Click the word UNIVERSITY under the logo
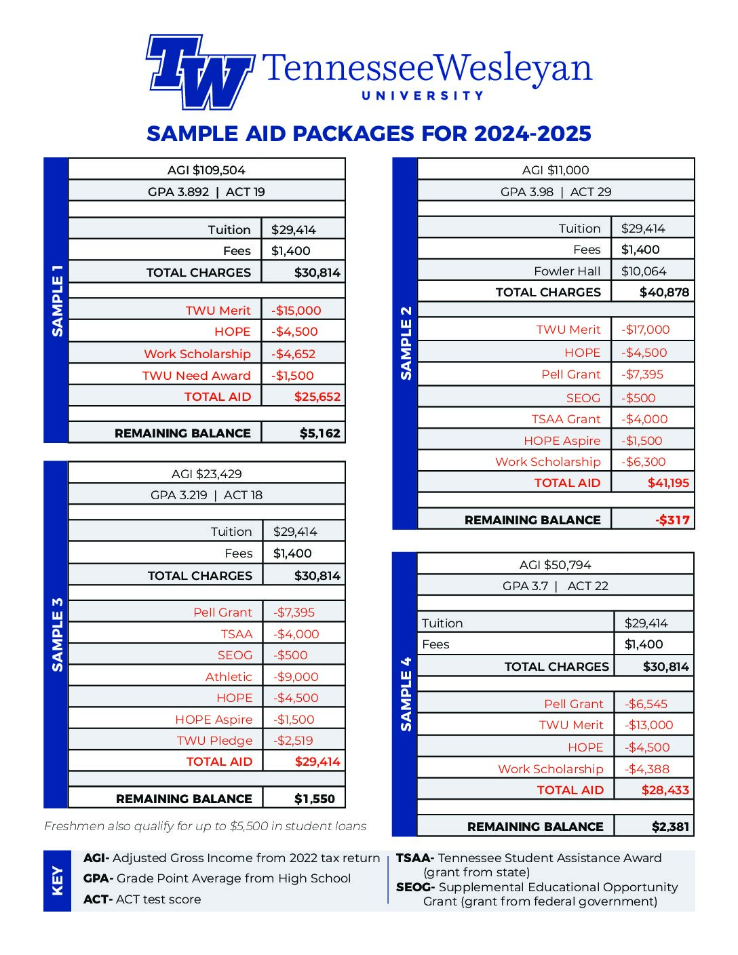coord(423,96)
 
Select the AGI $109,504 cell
coord(206,170)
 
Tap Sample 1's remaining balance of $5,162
coord(319,433)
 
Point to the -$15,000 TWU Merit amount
coord(296,311)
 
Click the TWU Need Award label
coord(196,376)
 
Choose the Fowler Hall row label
coord(567,271)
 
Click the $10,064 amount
coord(644,271)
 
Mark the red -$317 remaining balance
coord(672,520)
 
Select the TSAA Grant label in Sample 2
coord(566,419)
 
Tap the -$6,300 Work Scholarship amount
coord(643,462)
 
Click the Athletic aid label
coord(229,677)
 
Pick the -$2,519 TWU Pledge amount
coord(293,741)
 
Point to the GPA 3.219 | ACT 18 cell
coord(206,495)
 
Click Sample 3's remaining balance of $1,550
coord(314,799)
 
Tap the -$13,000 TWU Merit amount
coord(648,725)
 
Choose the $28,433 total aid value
coord(665,790)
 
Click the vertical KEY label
coord(58,880)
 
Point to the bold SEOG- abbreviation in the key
coord(415,887)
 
